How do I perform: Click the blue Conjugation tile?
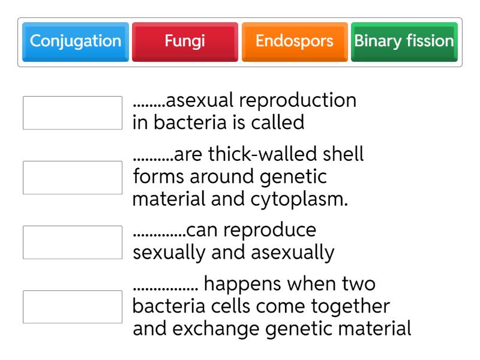tap(75, 41)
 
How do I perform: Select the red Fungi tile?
tap(185, 41)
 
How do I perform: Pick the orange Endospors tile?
tap(294, 41)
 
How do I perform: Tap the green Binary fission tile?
tap(404, 41)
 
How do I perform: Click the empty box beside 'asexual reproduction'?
tap(72, 113)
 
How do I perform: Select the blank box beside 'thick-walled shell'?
tap(72, 178)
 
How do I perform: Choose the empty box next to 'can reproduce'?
tap(72, 242)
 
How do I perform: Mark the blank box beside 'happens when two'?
tap(72, 307)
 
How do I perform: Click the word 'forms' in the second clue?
tap(158, 178)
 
